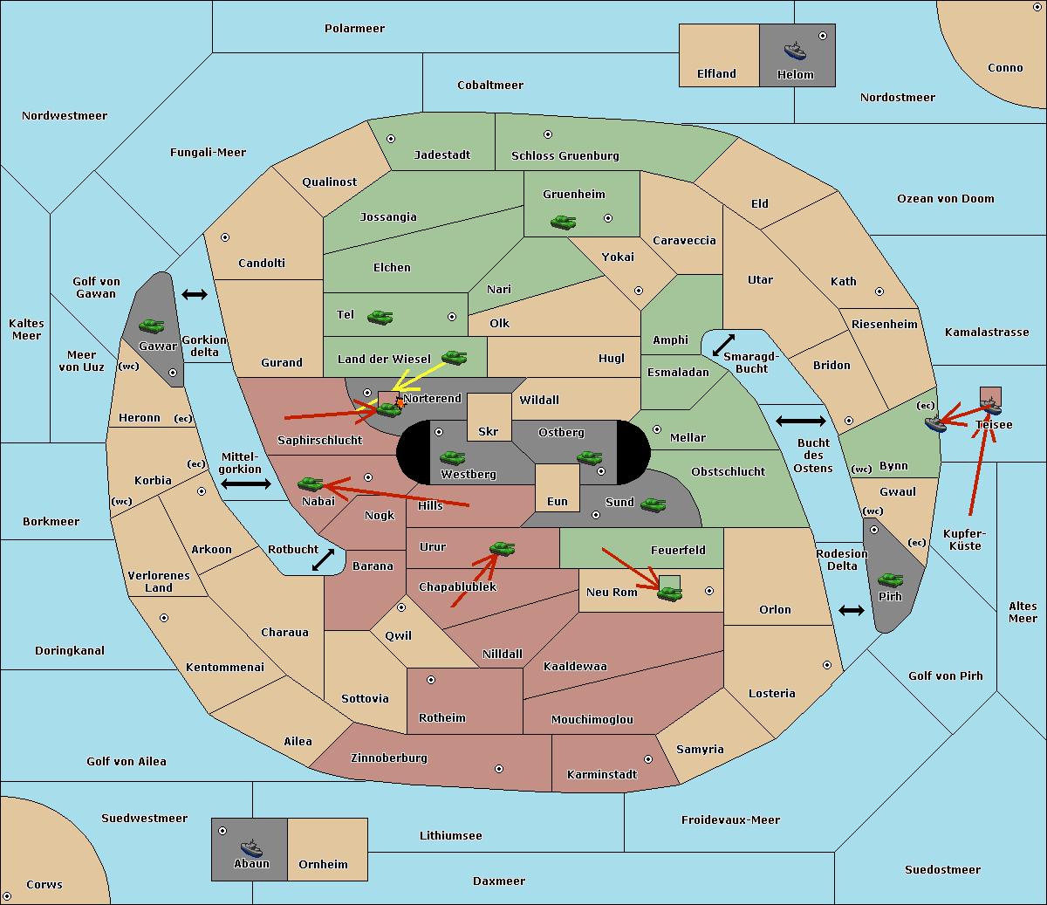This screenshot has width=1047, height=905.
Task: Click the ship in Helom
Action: [x=795, y=51]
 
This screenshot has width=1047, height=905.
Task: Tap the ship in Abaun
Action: [x=251, y=848]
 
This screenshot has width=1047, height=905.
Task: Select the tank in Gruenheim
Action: [x=564, y=222]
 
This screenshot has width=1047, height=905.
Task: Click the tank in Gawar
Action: [x=152, y=326]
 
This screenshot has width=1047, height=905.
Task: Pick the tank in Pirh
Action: [x=890, y=579]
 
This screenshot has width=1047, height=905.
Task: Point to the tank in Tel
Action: [x=380, y=318]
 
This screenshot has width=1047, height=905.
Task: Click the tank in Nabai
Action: [x=310, y=483]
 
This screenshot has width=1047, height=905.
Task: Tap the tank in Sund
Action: [x=653, y=505]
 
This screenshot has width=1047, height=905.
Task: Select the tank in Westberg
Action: [x=452, y=458]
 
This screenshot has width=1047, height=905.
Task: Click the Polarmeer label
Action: [x=354, y=29]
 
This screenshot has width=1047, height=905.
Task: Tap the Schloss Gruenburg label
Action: [x=565, y=155]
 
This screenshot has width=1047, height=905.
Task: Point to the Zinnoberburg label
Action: [x=389, y=758]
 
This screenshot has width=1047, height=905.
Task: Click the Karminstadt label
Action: [x=602, y=774]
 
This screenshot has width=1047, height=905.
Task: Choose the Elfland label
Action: [x=716, y=74]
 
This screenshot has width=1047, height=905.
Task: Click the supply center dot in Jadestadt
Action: [x=391, y=139]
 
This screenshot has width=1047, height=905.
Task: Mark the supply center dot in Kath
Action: [x=879, y=291]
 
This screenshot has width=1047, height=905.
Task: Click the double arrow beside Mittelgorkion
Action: [x=246, y=484]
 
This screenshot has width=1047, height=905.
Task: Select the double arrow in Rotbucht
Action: [x=323, y=559]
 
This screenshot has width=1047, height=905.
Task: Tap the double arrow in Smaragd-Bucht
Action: [x=723, y=345]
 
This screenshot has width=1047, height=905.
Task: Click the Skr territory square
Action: [x=489, y=417]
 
